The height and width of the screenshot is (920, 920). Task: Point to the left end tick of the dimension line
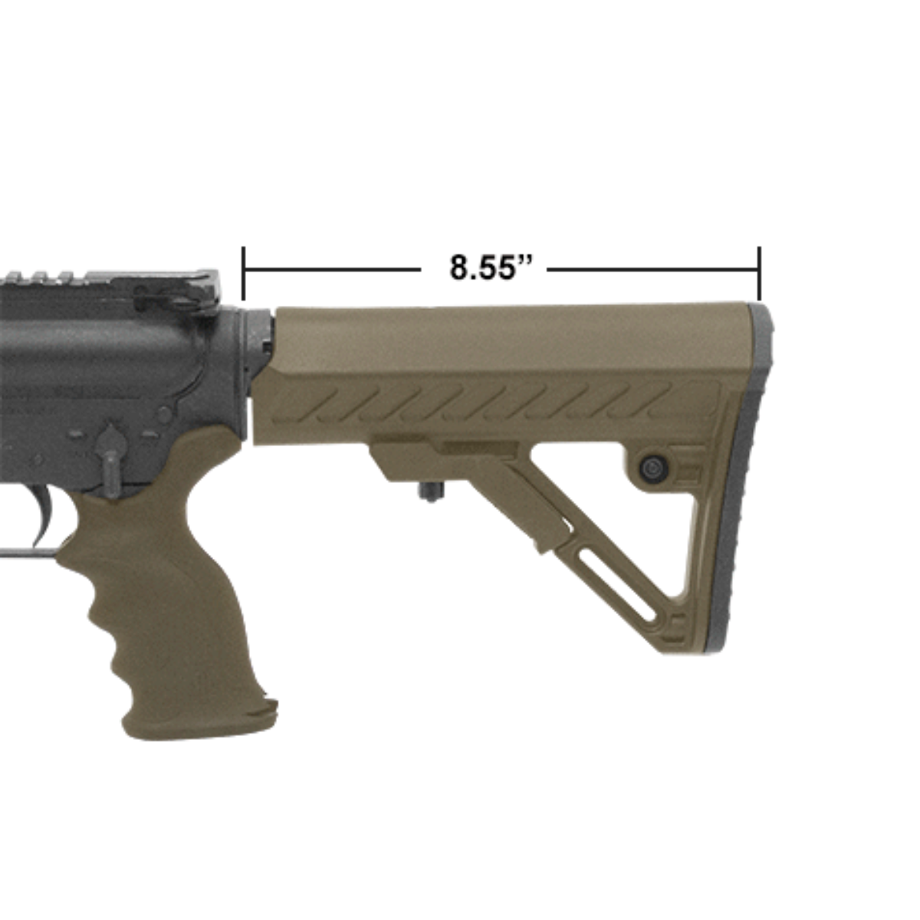[x=243, y=272]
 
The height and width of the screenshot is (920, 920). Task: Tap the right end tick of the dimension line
[x=758, y=272]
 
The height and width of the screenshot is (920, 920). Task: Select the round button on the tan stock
[x=652, y=467]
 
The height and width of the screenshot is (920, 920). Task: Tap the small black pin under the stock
[x=424, y=491]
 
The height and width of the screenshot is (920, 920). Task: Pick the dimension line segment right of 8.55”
[x=652, y=270]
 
